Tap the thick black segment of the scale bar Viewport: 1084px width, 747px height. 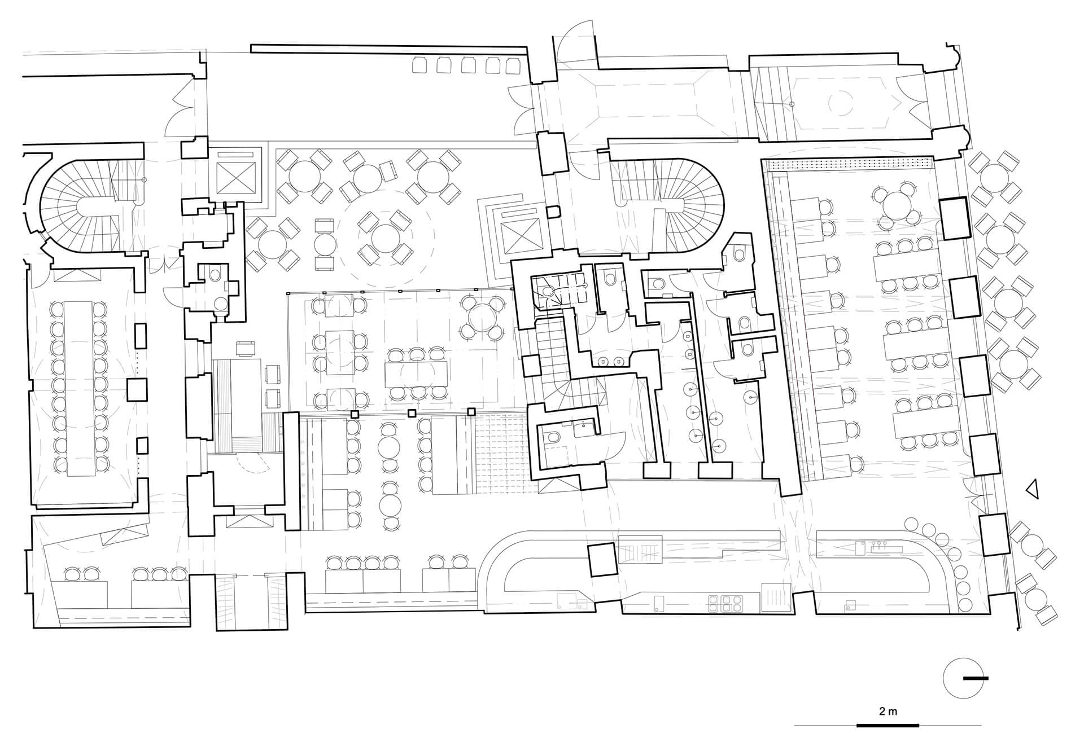click(x=888, y=725)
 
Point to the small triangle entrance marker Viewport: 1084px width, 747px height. click(x=1031, y=490)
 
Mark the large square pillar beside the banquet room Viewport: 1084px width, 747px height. click(x=137, y=390)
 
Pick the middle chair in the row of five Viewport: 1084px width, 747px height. click(x=468, y=65)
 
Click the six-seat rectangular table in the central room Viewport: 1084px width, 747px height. click(x=417, y=372)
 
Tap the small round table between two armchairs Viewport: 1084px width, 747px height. click(x=325, y=244)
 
